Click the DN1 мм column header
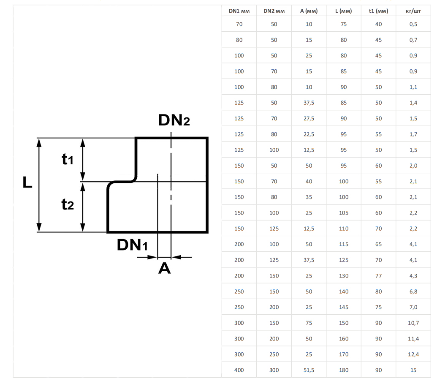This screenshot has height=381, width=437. coord(239,11)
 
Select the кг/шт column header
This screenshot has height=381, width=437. coord(413,11)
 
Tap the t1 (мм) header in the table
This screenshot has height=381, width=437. coord(378,11)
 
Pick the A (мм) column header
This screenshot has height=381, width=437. coord(309,11)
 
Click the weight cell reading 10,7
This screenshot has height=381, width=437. coord(413,323)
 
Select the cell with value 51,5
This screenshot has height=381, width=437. coord(309,370)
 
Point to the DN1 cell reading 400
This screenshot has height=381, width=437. coord(239,370)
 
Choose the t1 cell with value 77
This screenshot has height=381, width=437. coord(378,276)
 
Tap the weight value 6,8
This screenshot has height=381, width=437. coord(413,291)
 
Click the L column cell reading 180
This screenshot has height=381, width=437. coord(344,370)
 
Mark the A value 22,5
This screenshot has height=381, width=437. coord(309,134)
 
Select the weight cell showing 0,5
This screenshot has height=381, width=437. coord(413,24)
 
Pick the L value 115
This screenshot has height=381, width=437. coord(344,244)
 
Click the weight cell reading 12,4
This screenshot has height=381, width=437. coord(413,354)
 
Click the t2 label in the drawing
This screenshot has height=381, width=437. coord(68,205)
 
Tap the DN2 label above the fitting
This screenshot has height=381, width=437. coord(174,120)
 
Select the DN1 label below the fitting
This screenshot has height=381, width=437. coord(132,245)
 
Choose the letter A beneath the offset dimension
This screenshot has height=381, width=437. coord(164,268)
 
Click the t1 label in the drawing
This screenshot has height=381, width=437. coord(68,159)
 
